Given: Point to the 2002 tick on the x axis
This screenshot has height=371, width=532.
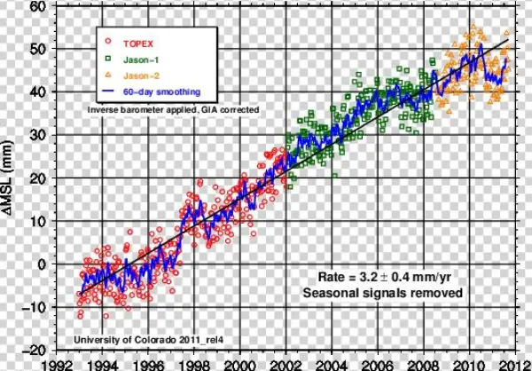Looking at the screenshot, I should [x=285, y=363].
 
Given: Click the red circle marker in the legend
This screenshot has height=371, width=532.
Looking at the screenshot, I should [x=109, y=42].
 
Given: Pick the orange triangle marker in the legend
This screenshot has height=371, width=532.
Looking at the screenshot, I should [x=109, y=75].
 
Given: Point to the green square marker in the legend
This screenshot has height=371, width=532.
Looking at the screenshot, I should [x=109, y=59].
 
